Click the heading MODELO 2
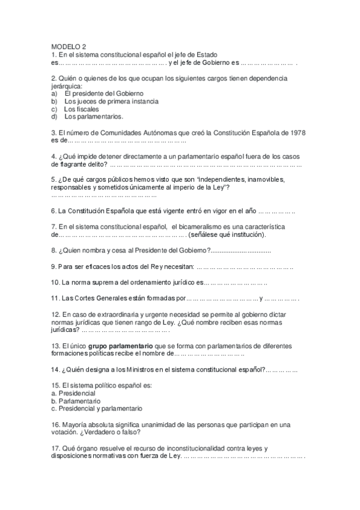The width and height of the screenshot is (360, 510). coord(69,46)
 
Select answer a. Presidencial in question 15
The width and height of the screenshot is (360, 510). coord(73,393)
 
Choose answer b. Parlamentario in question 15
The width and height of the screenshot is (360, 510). coord(76,401)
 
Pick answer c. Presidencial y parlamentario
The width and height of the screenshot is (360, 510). coord(97,408)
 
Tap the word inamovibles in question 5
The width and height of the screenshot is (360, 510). coord(256,179)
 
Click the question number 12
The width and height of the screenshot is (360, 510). coord(55,315)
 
